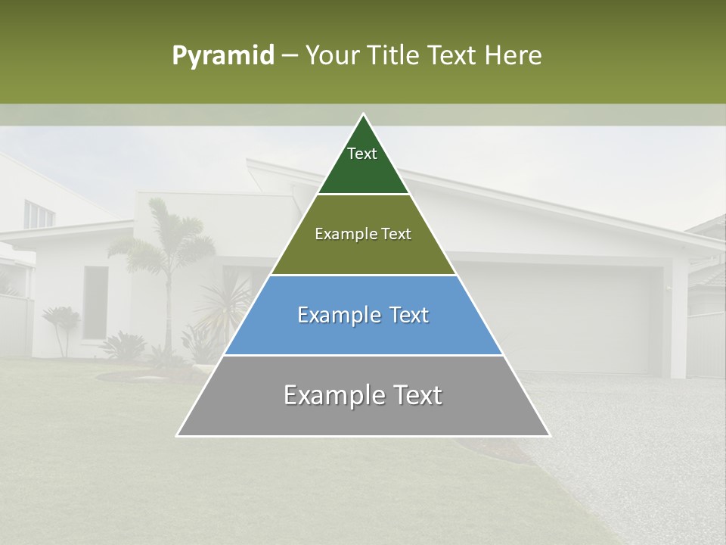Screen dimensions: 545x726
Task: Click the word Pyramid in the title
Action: point(223,56)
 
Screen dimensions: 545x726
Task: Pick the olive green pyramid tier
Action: point(363,254)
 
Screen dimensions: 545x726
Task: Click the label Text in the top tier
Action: point(362,154)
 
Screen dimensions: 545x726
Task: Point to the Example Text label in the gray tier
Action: point(363,395)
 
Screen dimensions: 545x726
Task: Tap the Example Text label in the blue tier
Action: point(363,315)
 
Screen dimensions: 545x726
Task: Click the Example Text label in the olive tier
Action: point(363,234)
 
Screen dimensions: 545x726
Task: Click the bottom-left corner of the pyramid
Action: point(178,435)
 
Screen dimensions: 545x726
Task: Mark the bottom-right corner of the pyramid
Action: point(549,435)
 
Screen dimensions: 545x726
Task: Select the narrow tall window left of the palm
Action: point(95,302)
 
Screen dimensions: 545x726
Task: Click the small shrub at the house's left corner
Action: point(60,325)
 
